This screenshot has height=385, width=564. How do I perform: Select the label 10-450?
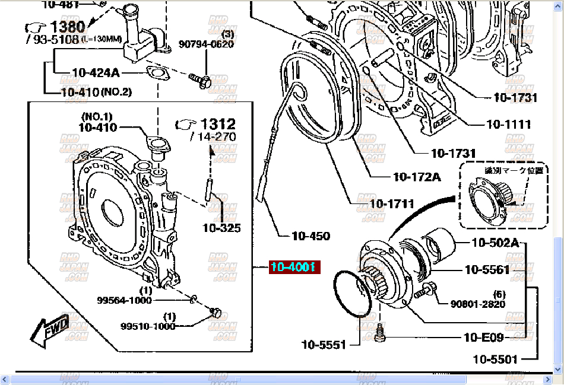310,236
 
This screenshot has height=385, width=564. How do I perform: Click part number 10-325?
221,227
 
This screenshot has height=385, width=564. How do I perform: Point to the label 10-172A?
417,176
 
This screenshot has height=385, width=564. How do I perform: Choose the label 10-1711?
391,203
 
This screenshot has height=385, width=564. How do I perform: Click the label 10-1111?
509,125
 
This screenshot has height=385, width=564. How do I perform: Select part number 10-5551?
324,344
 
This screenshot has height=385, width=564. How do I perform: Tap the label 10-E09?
483,338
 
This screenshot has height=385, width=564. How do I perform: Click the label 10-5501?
495,358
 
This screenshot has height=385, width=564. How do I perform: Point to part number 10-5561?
487,270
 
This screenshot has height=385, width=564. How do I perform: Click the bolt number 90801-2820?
477,304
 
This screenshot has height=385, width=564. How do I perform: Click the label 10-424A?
96,73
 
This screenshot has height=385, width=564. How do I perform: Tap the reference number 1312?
218,124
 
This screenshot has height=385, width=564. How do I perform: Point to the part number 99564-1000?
124,300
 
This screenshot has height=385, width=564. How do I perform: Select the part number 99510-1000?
148,326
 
